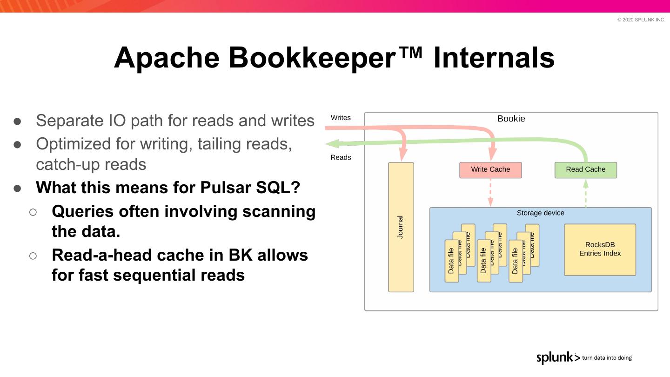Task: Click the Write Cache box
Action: click(490, 170)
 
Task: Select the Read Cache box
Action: click(585, 170)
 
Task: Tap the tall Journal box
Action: click(401, 227)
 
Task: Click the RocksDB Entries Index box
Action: click(600, 249)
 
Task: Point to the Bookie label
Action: click(511, 119)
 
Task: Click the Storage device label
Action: click(540, 213)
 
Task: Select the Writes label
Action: click(341, 118)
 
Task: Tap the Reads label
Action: click(341, 157)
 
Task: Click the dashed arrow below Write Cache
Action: click(490, 193)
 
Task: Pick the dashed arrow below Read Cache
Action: click(586, 193)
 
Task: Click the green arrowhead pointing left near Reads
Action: click(331, 144)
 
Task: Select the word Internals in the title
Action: click(494, 58)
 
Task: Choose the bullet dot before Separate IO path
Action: click(18, 121)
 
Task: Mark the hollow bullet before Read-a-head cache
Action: click(33, 256)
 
